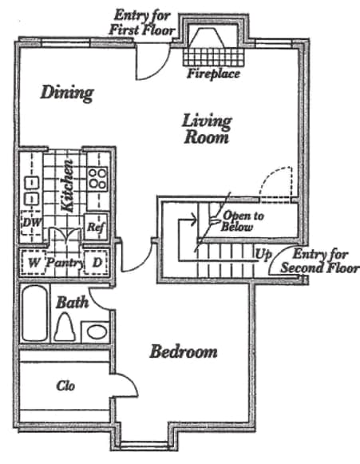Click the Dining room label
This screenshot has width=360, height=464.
click(67, 93)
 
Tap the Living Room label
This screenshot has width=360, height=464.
click(206, 129)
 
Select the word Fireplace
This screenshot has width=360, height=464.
click(212, 75)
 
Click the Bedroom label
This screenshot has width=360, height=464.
click(184, 352)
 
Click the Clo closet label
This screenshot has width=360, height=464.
click(65, 386)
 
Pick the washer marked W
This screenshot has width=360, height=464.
click(34, 262)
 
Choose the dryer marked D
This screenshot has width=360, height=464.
click(97, 262)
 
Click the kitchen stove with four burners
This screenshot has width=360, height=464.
click(97, 176)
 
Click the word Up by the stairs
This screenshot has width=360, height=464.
click(261, 256)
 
